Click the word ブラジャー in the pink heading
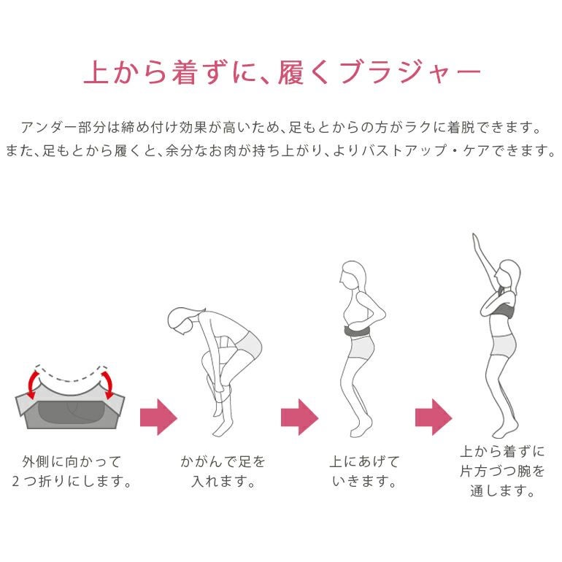pos(409,72)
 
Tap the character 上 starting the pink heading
pos(97,72)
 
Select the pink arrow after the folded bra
pos(158,417)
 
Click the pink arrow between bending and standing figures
pos(299,417)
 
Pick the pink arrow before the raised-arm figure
pos(434,417)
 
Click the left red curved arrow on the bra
pos(33,383)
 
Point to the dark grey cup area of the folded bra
pos(71,412)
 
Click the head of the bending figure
pos(182,320)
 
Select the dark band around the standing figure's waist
pos(358,331)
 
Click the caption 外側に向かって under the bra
pos(72,461)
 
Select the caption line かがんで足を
pos(223,461)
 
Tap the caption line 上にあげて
pos(364,461)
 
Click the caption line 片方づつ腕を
pos(502,471)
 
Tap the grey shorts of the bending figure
pos(247,344)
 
